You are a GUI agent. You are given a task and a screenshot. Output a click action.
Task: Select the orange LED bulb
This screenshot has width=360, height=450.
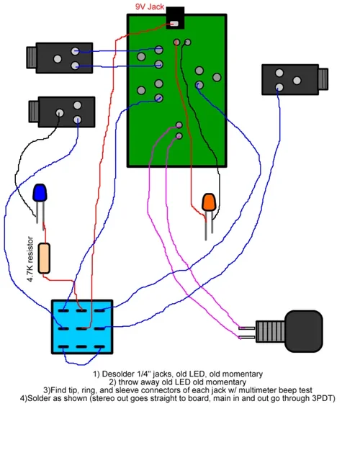click(210, 202)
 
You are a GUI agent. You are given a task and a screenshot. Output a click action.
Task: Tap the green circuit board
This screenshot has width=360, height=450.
click(176, 90)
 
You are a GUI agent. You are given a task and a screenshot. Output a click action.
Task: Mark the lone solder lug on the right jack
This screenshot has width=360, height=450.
click(279, 86)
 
